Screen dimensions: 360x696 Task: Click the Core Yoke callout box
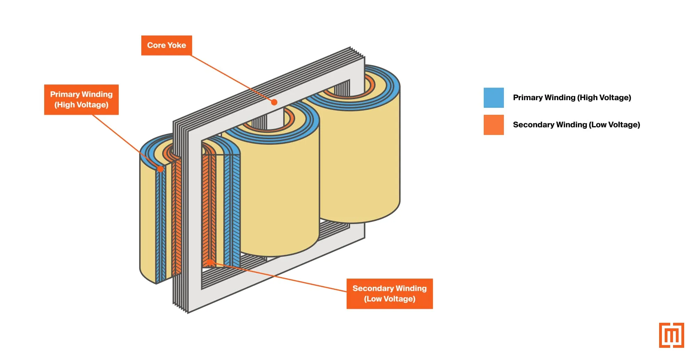[166, 45]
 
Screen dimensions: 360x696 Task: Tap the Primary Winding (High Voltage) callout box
[81, 99]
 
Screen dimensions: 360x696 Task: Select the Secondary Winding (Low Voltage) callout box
[389, 294]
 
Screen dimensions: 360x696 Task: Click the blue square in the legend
[493, 98]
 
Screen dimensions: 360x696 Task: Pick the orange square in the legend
[493, 125]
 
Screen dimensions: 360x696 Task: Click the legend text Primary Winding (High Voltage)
[572, 98]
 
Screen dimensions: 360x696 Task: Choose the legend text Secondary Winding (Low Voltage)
[576, 125]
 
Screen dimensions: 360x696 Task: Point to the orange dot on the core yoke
[274, 102]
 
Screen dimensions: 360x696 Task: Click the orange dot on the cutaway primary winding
[160, 169]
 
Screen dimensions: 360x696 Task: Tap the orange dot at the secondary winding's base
[210, 262]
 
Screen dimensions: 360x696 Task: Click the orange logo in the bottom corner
[671, 335]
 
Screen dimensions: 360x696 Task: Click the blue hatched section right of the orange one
[232, 209]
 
